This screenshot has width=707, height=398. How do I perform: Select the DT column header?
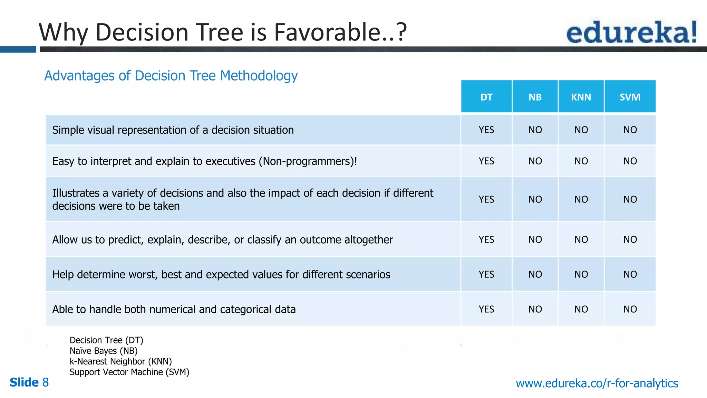(x=486, y=97)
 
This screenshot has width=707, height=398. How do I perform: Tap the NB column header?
(x=535, y=97)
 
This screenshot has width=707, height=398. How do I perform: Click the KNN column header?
(x=581, y=97)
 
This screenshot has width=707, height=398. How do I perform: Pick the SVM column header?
(x=630, y=97)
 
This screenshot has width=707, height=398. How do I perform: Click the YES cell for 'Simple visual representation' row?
(x=486, y=130)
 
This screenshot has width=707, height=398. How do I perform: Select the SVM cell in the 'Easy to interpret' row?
(x=630, y=161)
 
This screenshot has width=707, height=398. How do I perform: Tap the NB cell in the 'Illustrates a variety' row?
(x=535, y=199)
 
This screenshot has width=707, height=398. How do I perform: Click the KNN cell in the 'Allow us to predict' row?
(x=581, y=239)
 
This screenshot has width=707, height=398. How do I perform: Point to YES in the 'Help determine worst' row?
(x=486, y=274)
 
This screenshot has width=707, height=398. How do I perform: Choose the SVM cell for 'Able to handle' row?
(x=630, y=309)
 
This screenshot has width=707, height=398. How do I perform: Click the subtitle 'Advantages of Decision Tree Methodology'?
(x=171, y=76)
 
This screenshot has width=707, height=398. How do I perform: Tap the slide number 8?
(x=45, y=382)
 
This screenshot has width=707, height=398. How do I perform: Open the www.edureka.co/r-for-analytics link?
(x=597, y=383)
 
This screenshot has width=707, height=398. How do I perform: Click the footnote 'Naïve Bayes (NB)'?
(x=104, y=351)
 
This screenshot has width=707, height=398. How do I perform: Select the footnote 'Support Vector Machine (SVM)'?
(x=129, y=372)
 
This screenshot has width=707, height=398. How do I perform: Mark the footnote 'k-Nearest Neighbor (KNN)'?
(x=120, y=361)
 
